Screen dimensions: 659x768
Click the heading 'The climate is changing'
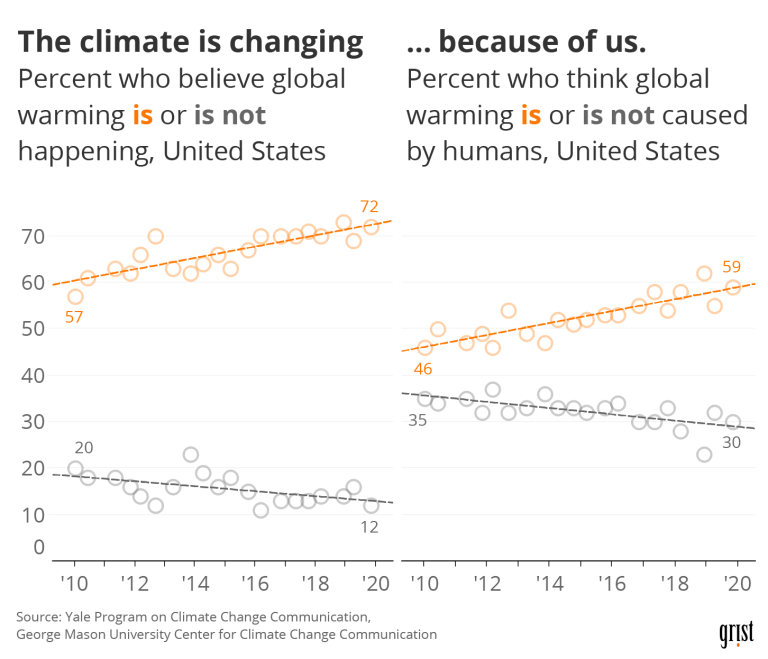click(x=191, y=42)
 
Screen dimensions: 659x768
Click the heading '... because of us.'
click(x=526, y=42)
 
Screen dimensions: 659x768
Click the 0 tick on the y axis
click(x=40, y=547)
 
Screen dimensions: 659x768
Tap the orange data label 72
click(x=369, y=207)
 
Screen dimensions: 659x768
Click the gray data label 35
click(x=417, y=420)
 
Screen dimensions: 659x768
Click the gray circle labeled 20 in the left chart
click(x=75, y=469)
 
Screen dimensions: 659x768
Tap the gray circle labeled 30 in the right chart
click(x=733, y=422)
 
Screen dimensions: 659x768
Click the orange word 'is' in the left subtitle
click(x=143, y=115)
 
